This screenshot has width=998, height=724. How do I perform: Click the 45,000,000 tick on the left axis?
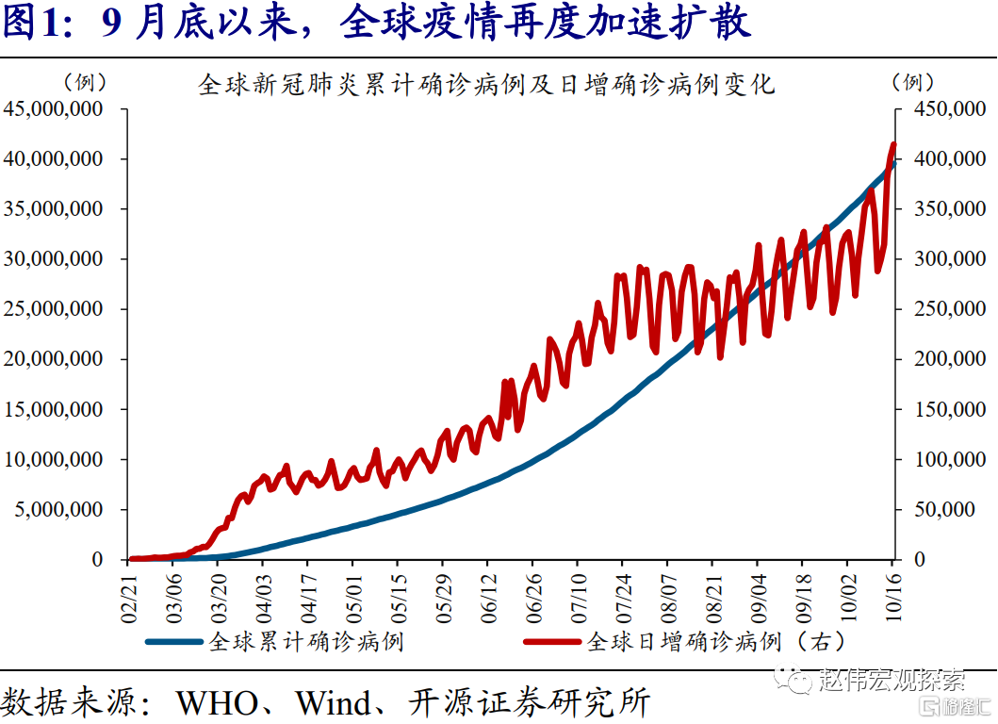pyautogui.click(x=55, y=109)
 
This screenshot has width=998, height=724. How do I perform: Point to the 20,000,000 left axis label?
pyautogui.click(x=55, y=359)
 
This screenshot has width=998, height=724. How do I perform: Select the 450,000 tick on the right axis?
pyautogui.click(x=943, y=109)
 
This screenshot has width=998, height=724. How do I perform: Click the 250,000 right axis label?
pyautogui.click(x=943, y=309)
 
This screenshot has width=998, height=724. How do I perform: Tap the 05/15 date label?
pyautogui.click(x=397, y=591)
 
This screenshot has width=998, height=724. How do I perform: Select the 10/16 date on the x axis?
pyautogui.click(x=891, y=591)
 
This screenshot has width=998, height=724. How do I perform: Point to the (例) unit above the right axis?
pyautogui.click(x=913, y=82)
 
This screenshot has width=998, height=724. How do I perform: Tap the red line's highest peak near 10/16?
pyautogui.click(x=892, y=144)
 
